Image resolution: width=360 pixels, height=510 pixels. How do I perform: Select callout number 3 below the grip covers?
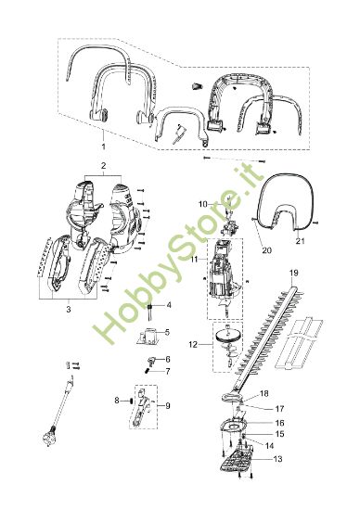(x=69, y=310)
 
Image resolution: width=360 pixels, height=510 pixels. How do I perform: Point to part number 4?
(x=168, y=304)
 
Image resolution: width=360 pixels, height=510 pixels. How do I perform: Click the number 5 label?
(x=167, y=331)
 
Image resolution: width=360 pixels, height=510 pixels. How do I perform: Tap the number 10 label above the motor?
(x=202, y=202)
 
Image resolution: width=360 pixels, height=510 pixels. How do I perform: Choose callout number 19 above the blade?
(x=294, y=273)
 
